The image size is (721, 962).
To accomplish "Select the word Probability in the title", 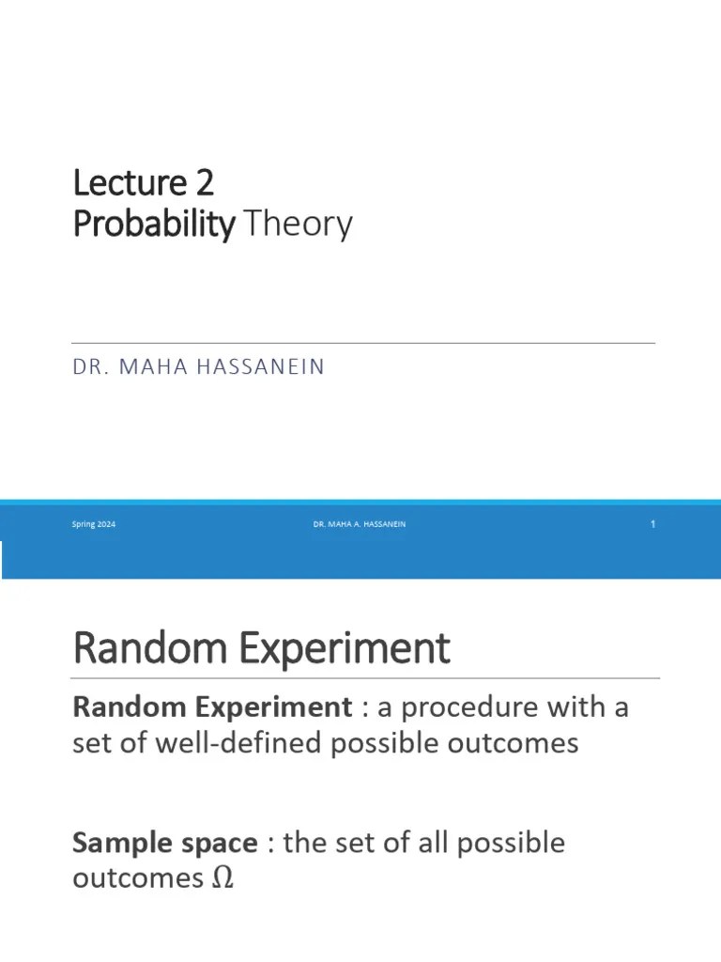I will click(153, 225).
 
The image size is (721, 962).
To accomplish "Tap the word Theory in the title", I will click(297, 225).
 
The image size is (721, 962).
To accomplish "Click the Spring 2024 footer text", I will click(94, 524).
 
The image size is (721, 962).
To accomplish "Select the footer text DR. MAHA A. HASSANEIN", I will click(360, 524).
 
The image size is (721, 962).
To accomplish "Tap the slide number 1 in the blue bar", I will click(652, 524).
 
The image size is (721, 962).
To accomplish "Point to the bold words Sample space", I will click(164, 843).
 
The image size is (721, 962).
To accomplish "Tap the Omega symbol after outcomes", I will click(222, 879).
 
